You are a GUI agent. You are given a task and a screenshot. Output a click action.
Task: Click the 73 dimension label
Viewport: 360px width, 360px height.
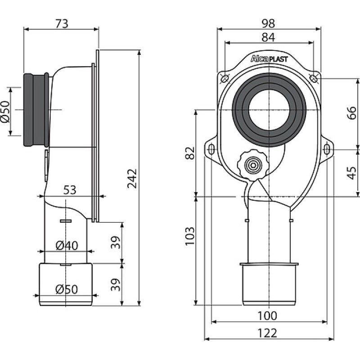62,24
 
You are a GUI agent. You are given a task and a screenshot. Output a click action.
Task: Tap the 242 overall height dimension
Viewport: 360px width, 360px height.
132,178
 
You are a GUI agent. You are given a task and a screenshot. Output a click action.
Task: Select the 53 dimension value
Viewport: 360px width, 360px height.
70,190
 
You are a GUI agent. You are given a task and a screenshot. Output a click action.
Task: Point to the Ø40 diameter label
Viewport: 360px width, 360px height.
67,246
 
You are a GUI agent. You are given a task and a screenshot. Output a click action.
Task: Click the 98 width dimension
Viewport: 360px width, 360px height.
268,23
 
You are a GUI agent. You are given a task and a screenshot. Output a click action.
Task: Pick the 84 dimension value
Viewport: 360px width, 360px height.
268,37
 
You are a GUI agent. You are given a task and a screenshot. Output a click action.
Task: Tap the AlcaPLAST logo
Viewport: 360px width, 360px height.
269,59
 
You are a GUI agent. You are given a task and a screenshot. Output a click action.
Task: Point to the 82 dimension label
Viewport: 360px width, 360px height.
190,153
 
